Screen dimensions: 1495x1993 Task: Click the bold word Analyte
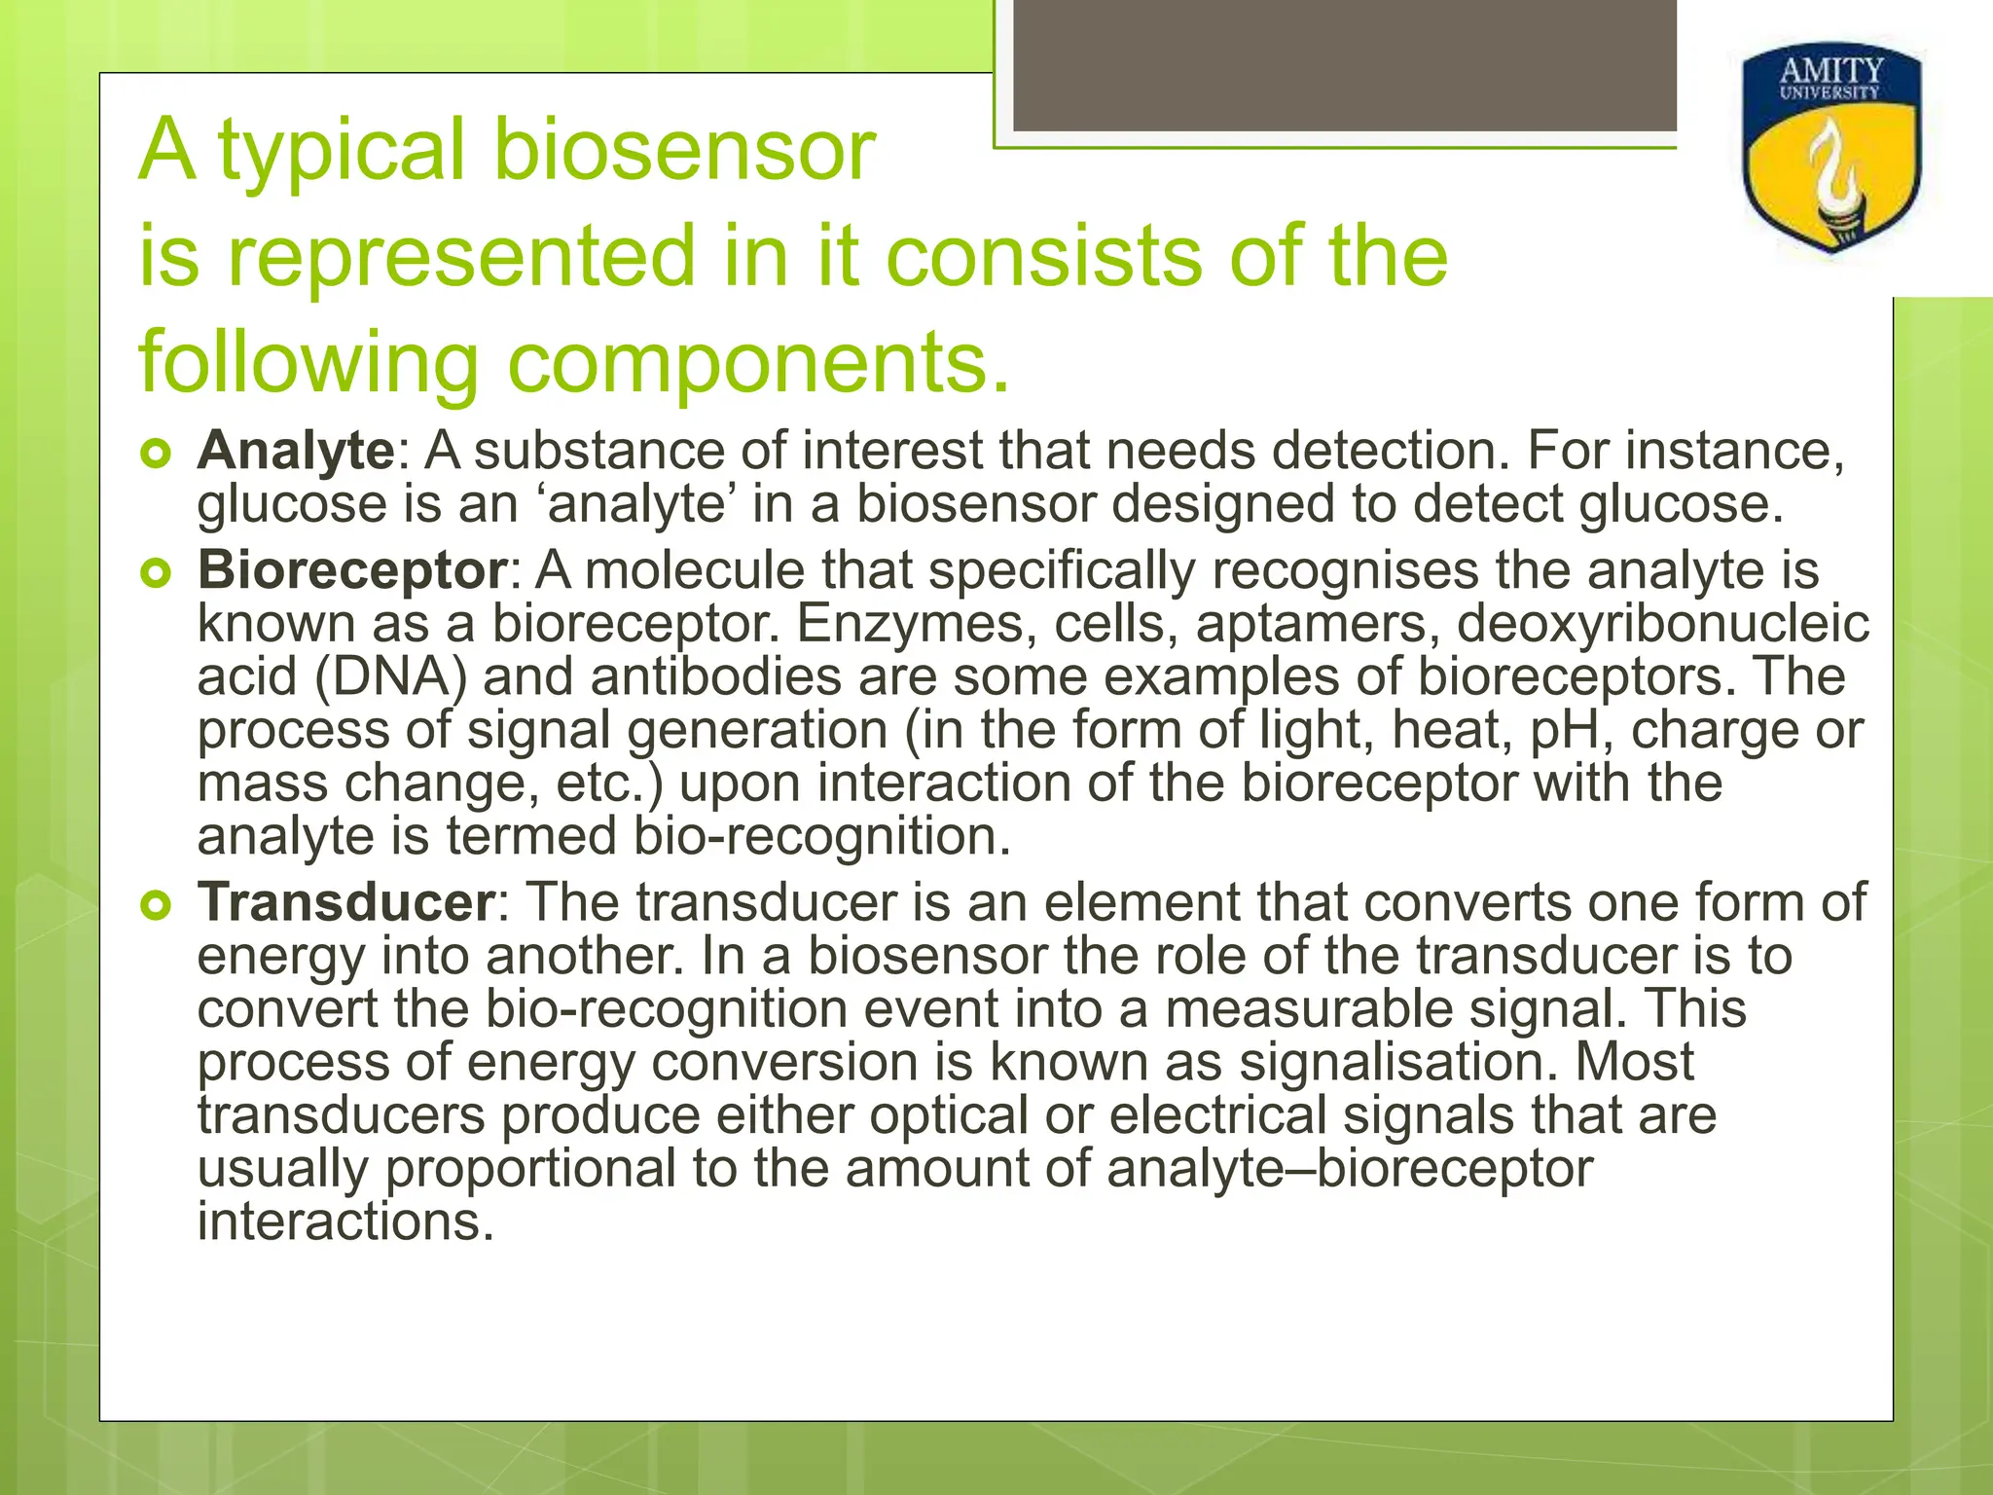click(x=295, y=453)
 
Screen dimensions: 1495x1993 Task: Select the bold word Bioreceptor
click(x=350, y=571)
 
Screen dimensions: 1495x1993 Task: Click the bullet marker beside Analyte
click(x=156, y=454)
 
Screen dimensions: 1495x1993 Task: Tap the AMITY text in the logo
click(x=1831, y=71)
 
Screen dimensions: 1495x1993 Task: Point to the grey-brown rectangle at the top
click(x=1343, y=66)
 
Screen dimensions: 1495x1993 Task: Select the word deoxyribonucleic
click(x=1662, y=624)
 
